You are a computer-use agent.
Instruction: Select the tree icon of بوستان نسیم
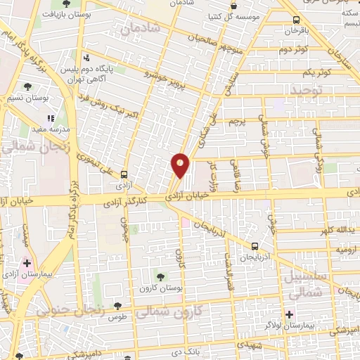[27, 87]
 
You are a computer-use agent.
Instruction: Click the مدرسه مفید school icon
[50, 120]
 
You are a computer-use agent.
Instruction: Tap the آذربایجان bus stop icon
[255, 246]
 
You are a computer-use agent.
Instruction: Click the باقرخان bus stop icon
[295, 20]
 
